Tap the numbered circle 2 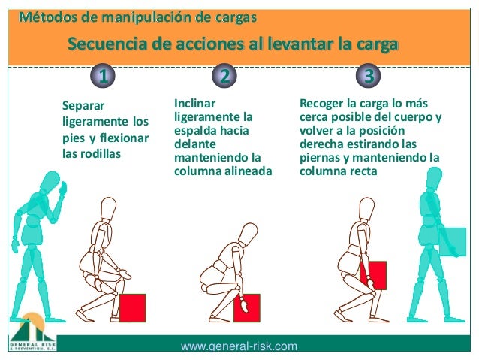[224, 75]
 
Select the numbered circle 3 [367, 75]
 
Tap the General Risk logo [32, 331]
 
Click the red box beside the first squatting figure [132, 307]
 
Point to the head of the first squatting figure [108, 207]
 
